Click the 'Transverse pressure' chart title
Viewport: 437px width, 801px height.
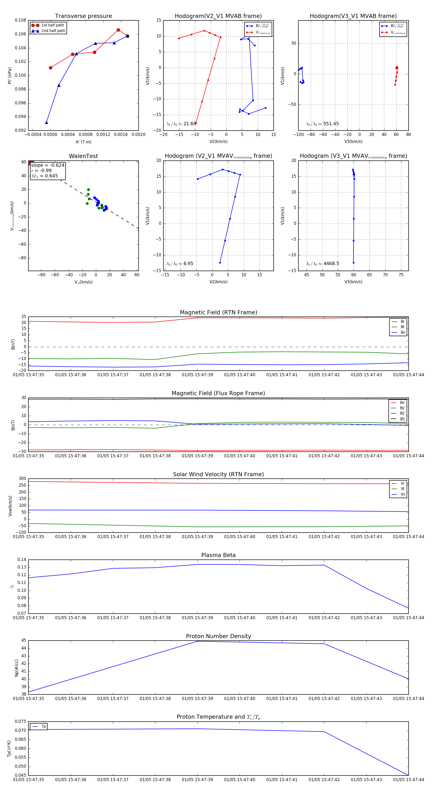(x=83, y=16)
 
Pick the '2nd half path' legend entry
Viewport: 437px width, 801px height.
(x=53, y=31)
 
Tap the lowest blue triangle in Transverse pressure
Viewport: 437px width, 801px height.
(x=46, y=123)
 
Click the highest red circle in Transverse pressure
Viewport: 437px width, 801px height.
(x=118, y=30)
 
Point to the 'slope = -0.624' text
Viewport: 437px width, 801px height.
(x=48, y=165)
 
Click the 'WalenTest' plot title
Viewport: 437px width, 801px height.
(x=83, y=156)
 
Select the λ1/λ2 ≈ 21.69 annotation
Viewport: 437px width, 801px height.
(x=181, y=124)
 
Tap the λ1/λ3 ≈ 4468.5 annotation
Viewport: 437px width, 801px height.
(x=323, y=264)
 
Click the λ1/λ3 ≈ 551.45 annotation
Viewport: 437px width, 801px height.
(x=323, y=124)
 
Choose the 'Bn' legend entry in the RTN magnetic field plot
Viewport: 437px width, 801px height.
(x=403, y=332)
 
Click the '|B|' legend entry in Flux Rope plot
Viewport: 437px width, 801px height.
(x=402, y=419)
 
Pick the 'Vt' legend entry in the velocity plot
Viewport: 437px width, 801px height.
(x=403, y=489)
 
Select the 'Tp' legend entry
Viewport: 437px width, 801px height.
(x=43, y=726)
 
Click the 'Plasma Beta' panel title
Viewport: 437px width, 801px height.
(x=218, y=555)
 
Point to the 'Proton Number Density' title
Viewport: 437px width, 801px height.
(x=218, y=636)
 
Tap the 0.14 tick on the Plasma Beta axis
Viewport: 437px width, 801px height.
(x=22, y=560)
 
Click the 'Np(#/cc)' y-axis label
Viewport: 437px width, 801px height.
(x=17, y=668)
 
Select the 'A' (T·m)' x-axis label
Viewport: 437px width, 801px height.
(x=83, y=142)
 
